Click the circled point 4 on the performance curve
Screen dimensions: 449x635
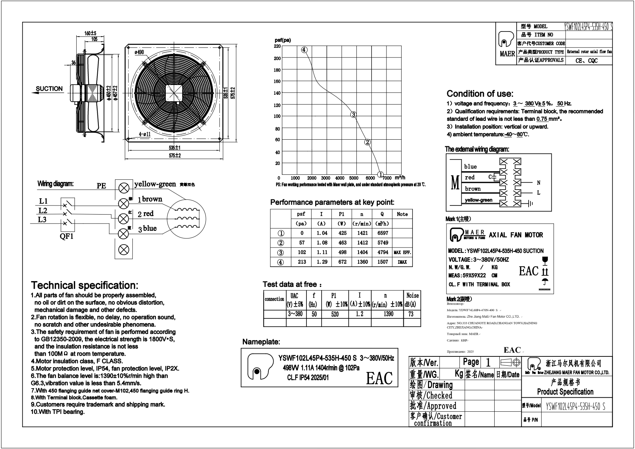coord(304,50)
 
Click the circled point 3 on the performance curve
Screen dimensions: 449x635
coord(354,115)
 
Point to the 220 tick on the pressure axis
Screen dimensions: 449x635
coord(277,46)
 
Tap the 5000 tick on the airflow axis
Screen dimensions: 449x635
coord(354,178)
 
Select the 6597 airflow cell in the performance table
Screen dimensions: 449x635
coord(382,233)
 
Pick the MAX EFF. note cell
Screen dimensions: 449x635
coord(402,252)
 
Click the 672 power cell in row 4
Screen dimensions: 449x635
coord(342,262)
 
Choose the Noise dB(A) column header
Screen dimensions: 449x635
coord(412,300)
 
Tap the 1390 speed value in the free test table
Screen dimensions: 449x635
coord(388,314)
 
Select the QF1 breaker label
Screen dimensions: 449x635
coord(67,237)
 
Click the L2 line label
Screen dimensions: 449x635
coord(43,211)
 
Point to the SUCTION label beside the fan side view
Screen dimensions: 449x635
coord(49,89)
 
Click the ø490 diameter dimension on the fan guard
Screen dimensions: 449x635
coord(139,52)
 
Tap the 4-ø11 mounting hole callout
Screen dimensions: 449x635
coord(145,134)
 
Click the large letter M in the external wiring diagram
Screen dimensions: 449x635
coord(455,183)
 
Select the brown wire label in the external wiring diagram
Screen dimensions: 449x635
coord(473,189)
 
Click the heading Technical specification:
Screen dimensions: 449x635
coord(84,285)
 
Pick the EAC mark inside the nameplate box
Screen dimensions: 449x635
coord(379,378)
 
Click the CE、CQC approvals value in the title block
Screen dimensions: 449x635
coord(587,61)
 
